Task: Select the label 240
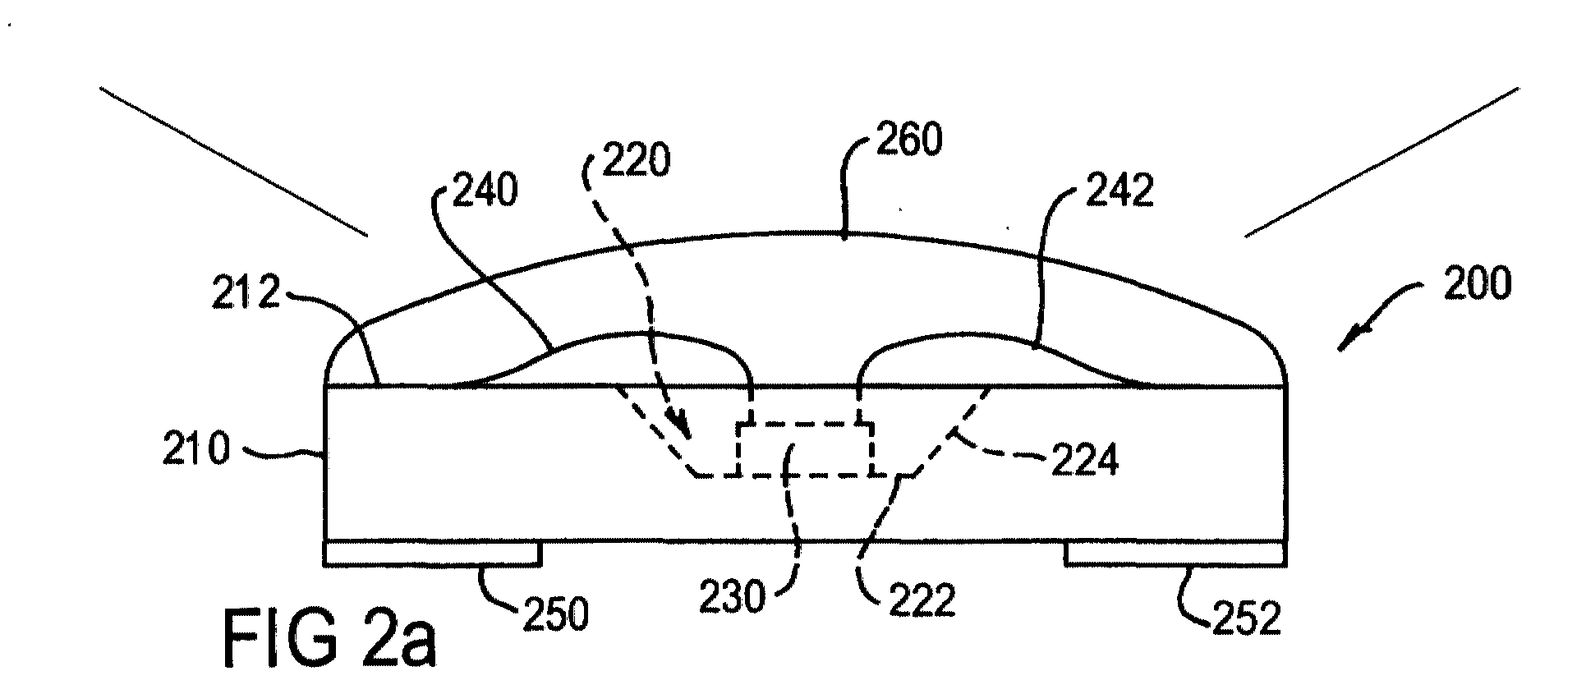[485, 191]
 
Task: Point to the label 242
[1121, 191]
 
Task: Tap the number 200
[1477, 283]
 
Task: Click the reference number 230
[733, 597]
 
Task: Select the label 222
[922, 599]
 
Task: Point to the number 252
[1247, 618]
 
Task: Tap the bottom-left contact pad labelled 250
[433, 554]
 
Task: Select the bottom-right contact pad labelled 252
[1175, 554]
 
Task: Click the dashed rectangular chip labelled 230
[805, 449]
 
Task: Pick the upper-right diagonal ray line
[1382, 162]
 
